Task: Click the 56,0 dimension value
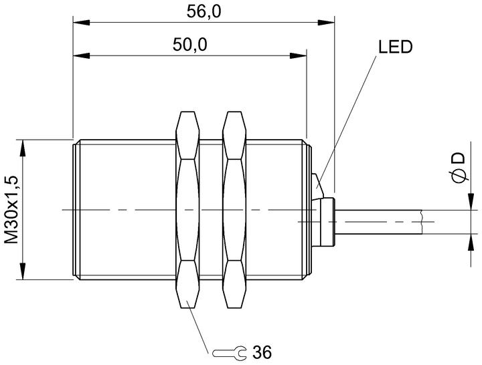[204, 11]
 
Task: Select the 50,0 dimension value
[190, 45]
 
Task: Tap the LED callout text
[395, 47]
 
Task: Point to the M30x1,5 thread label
[12, 210]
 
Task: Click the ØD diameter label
[459, 168]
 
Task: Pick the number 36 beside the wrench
[262, 352]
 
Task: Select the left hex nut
[187, 210]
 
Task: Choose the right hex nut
[235, 210]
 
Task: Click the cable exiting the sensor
[379, 222]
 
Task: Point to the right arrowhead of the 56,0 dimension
[326, 23]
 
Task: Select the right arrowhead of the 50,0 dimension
[298, 56]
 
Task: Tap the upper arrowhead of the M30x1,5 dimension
[23, 148]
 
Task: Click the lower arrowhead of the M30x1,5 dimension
[23, 271]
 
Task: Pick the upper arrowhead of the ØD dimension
[471, 202]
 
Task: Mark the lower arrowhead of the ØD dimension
[471, 243]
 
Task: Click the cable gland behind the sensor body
[327, 222]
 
